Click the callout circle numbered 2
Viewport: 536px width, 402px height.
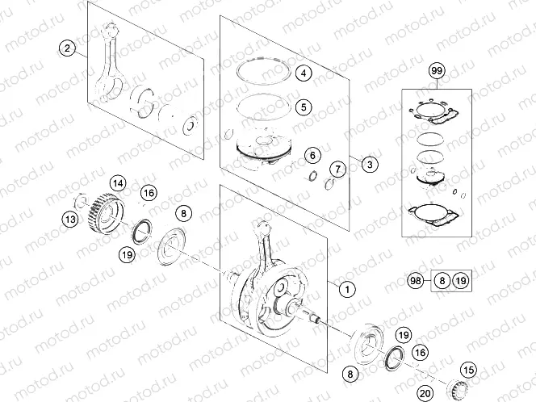pyautogui.click(x=68, y=48)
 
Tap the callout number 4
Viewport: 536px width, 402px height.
pyautogui.click(x=303, y=73)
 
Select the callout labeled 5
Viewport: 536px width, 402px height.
pyautogui.click(x=303, y=106)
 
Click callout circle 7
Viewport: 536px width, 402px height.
pyautogui.click(x=337, y=169)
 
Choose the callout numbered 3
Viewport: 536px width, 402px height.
pyautogui.click(x=368, y=165)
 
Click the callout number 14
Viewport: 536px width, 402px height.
pyautogui.click(x=118, y=183)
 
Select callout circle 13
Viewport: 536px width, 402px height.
pyautogui.click(x=71, y=219)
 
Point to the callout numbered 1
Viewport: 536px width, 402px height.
pyautogui.click(x=345, y=287)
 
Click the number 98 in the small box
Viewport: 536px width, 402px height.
pyautogui.click(x=417, y=281)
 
